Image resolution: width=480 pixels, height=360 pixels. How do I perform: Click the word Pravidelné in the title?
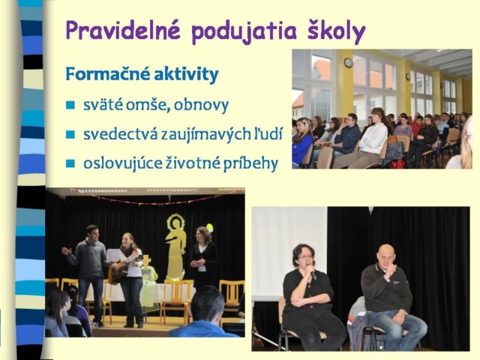pyautogui.click(x=122, y=30)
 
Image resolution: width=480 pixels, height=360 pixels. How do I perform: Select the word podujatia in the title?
pyautogui.click(x=244, y=31)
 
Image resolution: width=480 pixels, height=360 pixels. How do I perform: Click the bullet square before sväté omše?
pyautogui.click(x=70, y=105)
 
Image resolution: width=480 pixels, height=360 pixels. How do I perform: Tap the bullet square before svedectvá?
pyautogui.click(x=70, y=134)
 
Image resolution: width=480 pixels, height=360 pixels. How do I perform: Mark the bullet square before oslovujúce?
pyautogui.click(x=70, y=163)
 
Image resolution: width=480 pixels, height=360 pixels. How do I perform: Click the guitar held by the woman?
pyautogui.click(x=121, y=269)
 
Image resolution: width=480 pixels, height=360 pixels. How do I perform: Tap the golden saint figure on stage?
pyautogui.click(x=175, y=245)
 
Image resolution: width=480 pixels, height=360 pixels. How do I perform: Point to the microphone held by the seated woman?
pyautogui.click(x=312, y=271)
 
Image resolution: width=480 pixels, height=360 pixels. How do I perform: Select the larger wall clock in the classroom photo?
pyautogui.click(x=348, y=63)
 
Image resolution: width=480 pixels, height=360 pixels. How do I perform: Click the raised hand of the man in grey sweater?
pyautogui.click(x=66, y=251)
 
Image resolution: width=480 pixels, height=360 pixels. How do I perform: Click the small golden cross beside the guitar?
pyautogui.click(x=146, y=260)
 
